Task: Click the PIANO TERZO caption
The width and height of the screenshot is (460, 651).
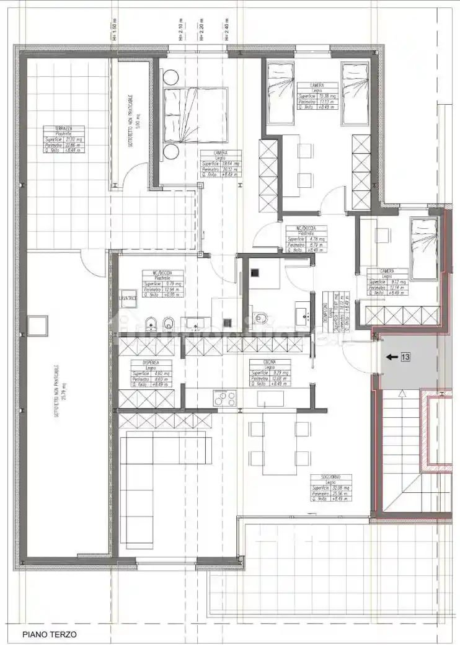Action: tap(50, 634)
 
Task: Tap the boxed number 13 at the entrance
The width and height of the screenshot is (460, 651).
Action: tap(405, 356)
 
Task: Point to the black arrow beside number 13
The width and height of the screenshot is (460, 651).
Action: tap(391, 356)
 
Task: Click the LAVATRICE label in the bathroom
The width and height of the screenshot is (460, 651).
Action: tap(128, 299)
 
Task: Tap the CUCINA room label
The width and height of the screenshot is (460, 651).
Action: tap(268, 362)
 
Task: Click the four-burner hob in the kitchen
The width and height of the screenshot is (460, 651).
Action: tap(225, 397)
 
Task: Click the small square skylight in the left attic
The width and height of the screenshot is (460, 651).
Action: tap(38, 324)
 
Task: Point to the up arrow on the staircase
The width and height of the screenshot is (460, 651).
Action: tap(404, 394)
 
